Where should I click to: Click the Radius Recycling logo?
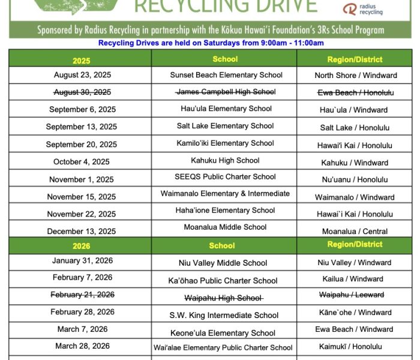pos(362,9)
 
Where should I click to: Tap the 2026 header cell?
pos(81,246)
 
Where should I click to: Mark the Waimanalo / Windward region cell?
pos(355,197)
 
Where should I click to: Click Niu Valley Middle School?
pos(223,263)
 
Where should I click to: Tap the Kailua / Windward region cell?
pos(354,279)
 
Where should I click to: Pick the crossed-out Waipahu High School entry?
pos(223,298)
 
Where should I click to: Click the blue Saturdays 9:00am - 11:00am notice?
pos(211,43)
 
